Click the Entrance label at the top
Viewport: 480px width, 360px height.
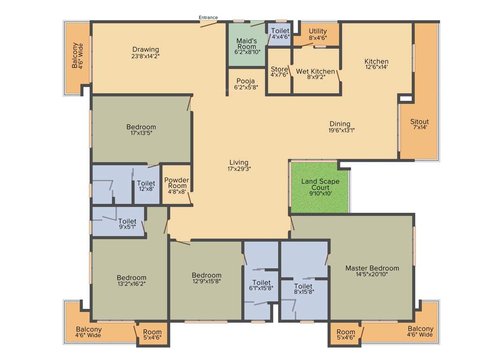(x=208, y=18)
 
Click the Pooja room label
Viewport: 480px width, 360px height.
(x=246, y=81)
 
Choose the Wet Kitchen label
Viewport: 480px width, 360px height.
(x=315, y=72)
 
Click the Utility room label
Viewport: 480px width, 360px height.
(x=317, y=32)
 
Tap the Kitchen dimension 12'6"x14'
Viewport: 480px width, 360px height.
(x=376, y=67)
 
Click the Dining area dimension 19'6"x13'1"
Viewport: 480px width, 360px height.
(x=341, y=130)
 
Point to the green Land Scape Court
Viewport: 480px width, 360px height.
(x=320, y=187)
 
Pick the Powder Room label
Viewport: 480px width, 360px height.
(x=177, y=183)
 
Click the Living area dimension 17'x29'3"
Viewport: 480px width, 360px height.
(x=239, y=169)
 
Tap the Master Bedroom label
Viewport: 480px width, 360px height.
(x=372, y=269)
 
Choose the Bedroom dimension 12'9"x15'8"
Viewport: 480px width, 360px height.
(x=206, y=281)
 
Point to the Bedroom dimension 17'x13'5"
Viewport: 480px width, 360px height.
(x=141, y=133)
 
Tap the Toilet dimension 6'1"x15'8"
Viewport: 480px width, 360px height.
(x=261, y=289)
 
